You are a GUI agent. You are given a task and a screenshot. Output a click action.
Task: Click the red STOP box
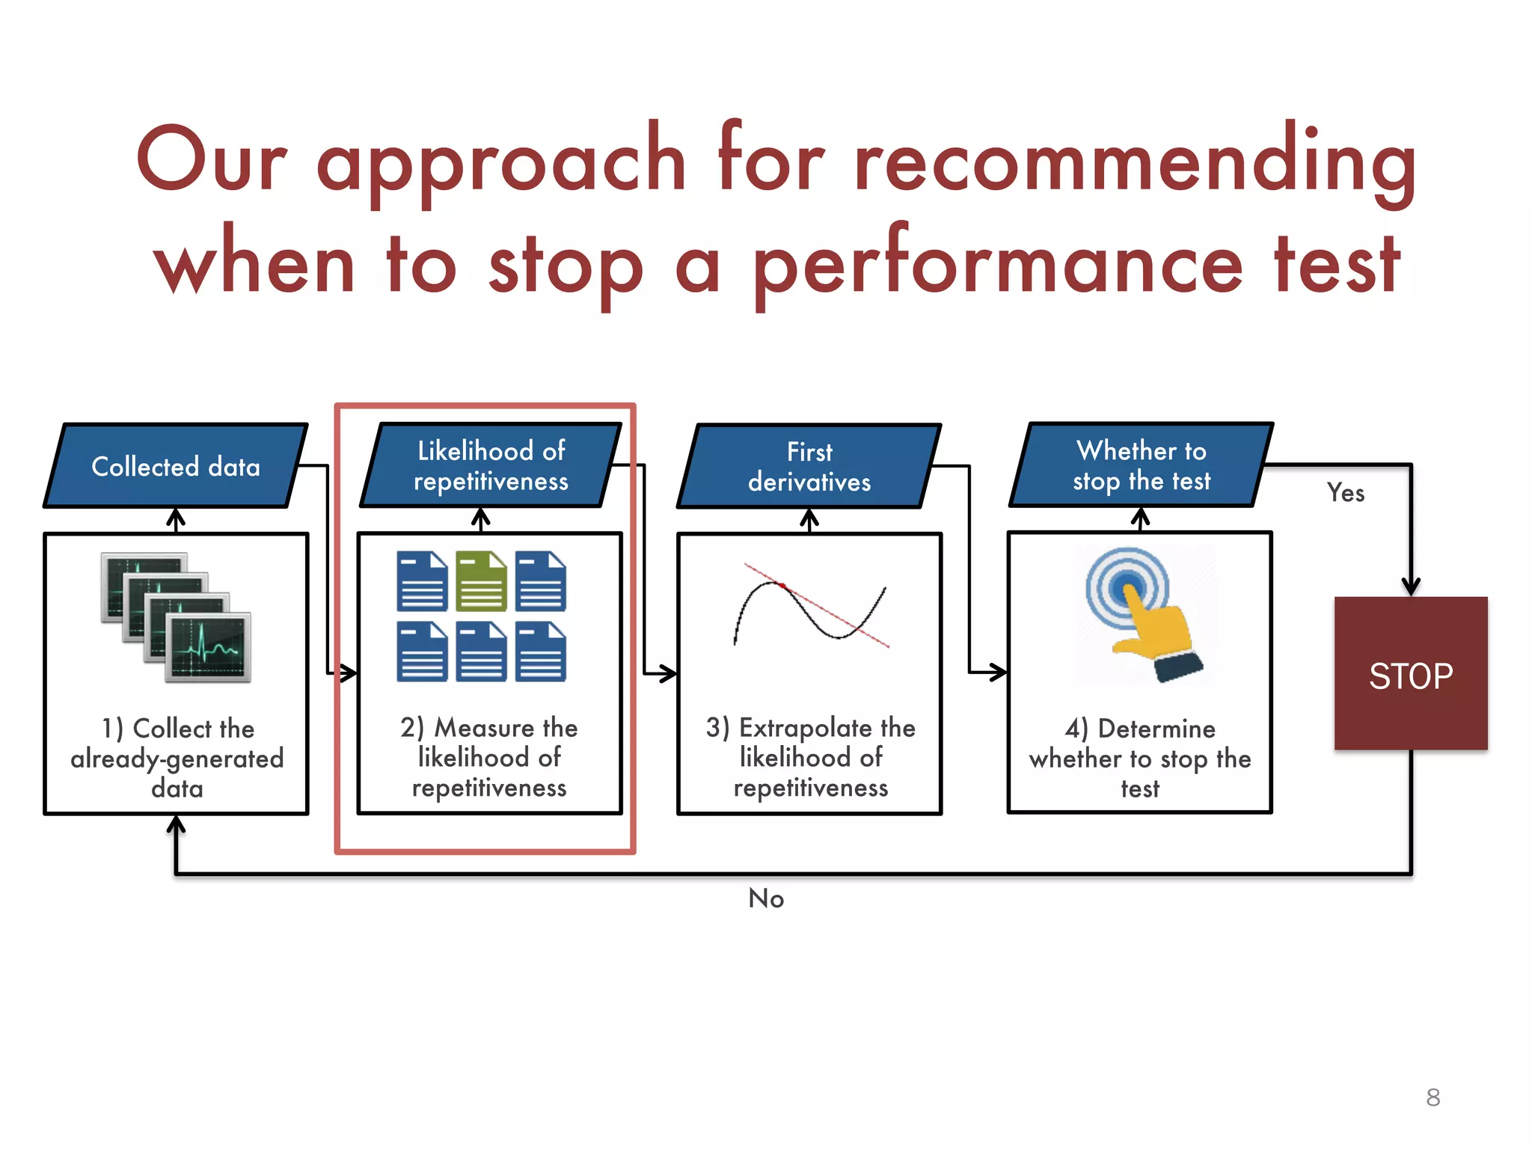tap(1411, 673)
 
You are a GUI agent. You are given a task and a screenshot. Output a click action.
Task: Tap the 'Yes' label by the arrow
tap(1345, 493)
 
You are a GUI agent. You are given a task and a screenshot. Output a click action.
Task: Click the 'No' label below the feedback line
tap(766, 898)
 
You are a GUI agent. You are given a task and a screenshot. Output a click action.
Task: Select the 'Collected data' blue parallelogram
tap(176, 467)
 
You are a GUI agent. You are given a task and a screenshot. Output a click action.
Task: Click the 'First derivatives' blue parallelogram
tap(809, 467)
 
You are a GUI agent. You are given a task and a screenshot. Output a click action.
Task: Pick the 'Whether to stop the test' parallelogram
tap(1142, 465)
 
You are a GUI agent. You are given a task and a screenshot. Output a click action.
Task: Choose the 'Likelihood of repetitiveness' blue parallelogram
tap(491, 465)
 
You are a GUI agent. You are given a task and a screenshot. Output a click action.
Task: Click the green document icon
tap(481, 581)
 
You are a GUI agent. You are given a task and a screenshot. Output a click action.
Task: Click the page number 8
tap(1433, 1097)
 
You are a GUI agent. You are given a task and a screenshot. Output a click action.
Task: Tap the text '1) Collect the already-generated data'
tap(177, 758)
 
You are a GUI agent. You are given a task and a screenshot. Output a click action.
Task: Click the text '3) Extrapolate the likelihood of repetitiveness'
tap(810, 757)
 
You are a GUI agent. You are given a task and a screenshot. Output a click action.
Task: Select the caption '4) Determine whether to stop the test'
tap(1140, 758)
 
